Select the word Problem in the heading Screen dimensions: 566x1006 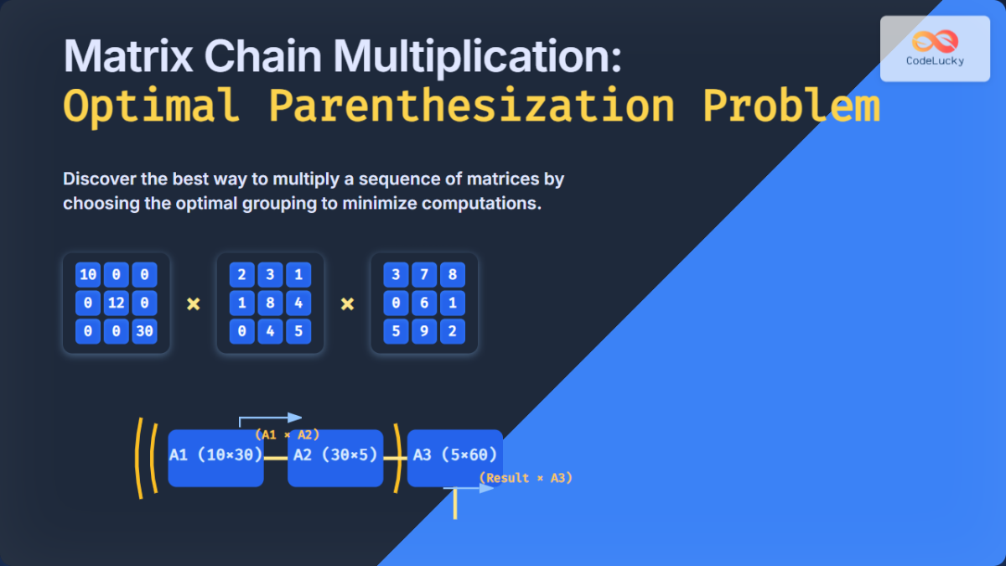pos(791,106)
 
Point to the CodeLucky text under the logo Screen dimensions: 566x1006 pos(934,61)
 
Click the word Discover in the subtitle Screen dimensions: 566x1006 pos(99,179)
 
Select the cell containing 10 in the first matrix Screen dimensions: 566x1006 pos(87,275)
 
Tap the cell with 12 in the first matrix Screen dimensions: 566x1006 pos(116,304)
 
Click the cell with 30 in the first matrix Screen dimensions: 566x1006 pos(144,332)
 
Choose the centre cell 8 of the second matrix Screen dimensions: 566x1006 pos(270,304)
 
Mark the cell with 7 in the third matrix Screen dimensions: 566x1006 pos(424,275)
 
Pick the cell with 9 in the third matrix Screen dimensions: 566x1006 pos(424,332)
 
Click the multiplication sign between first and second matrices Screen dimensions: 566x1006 pos(193,304)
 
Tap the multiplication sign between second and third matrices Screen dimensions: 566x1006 pos(347,304)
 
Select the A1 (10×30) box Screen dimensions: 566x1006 pos(216,458)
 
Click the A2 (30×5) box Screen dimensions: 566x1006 pos(335,458)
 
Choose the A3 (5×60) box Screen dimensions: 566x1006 pos(455,458)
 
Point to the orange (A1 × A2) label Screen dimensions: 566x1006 pos(287,435)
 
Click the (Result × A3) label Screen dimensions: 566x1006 pos(526,478)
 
